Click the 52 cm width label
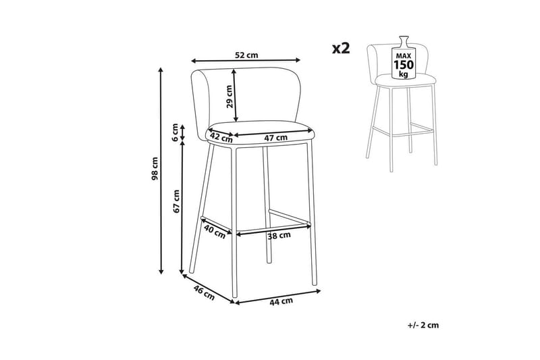click(x=246, y=55)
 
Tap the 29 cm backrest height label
click(x=230, y=97)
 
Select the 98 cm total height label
click(x=155, y=169)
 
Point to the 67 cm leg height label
click(x=177, y=201)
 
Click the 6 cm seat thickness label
click(x=175, y=132)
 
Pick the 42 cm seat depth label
click(x=221, y=137)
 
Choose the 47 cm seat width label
click(x=275, y=138)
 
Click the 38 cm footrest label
click(x=279, y=236)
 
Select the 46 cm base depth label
click(x=204, y=292)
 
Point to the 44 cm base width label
click(x=281, y=301)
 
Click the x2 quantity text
click(x=341, y=48)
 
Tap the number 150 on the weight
click(x=404, y=65)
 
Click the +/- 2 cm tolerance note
click(x=423, y=325)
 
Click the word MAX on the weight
click(x=404, y=55)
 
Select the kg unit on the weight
click(x=403, y=74)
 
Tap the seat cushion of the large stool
click(x=261, y=132)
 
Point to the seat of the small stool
click(x=406, y=81)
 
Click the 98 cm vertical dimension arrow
click(x=161, y=171)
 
